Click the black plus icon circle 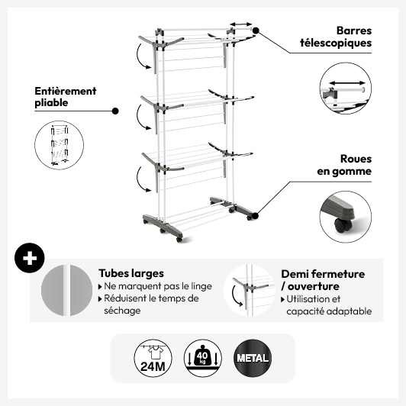30,258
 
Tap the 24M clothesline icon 153,358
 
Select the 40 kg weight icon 203,358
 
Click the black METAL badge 253,358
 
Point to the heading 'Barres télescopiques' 336,37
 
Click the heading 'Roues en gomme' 344,165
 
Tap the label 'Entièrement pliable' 66,97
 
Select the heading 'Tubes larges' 131,273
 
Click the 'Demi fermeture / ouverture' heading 323,280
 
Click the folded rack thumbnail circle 59,145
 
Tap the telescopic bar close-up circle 346,89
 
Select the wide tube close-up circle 67,290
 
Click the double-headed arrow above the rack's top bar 241,24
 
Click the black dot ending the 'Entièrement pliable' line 115,111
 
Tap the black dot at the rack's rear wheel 256,215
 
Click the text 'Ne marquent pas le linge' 158,286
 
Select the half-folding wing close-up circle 250,290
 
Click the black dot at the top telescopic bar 256,31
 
